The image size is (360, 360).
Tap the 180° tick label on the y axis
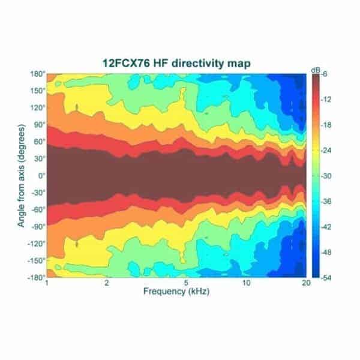tap(37, 74)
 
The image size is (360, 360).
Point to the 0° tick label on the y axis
tap(40, 176)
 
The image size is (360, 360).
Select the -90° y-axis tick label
tap(37, 227)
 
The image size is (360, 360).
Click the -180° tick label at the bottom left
tap(35, 278)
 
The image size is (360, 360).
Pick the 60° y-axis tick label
tap(38, 142)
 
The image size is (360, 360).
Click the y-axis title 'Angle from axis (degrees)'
tap(21, 176)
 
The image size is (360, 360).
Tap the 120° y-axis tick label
tap(37, 108)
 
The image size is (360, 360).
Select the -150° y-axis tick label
tap(35, 261)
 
